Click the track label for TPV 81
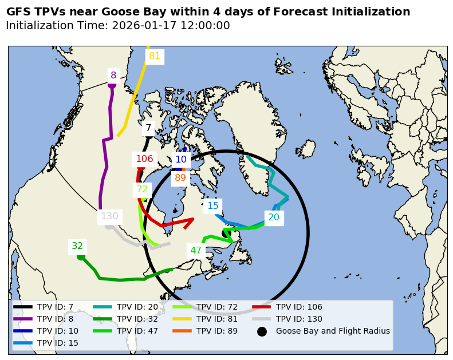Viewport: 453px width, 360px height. [x=155, y=56]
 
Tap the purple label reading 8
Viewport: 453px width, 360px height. [x=113, y=75]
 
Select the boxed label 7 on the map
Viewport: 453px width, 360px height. [x=148, y=128]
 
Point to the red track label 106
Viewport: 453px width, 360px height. [x=144, y=159]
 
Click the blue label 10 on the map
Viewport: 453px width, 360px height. [x=181, y=160]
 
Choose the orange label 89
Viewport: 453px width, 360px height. [x=180, y=177]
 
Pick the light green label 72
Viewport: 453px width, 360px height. [x=142, y=189]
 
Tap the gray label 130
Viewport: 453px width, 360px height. [x=109, y=216]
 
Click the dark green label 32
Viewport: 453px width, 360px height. [x=77, y=246]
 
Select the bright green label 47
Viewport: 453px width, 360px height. [x=196, y=250]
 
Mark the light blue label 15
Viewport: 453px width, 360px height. [x=213, y=205]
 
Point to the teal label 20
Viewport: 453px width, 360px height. [x=274, y=217]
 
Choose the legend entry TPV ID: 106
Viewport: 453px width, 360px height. [x=295, y=307]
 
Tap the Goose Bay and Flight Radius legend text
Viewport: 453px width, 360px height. [x=333, y=331]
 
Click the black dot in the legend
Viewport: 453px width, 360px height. [x=262, y=331]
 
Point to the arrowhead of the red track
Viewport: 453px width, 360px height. [x=191, y=220]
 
